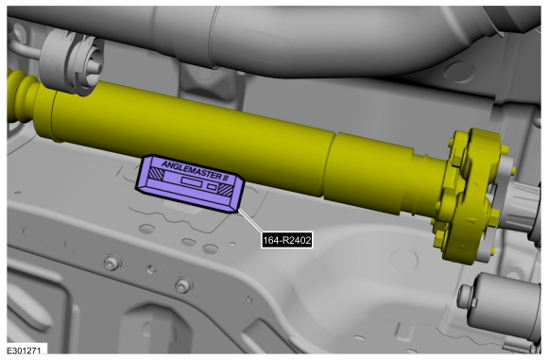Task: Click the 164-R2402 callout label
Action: (286, 240)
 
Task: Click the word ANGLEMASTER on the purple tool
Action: (190, 170)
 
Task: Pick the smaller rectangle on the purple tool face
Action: (212, 187)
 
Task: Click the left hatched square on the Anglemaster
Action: (156, 174)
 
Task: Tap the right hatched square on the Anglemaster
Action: (226, 190)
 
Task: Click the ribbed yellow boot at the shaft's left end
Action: (22, 96)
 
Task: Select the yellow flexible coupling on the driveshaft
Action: (469, 196)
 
